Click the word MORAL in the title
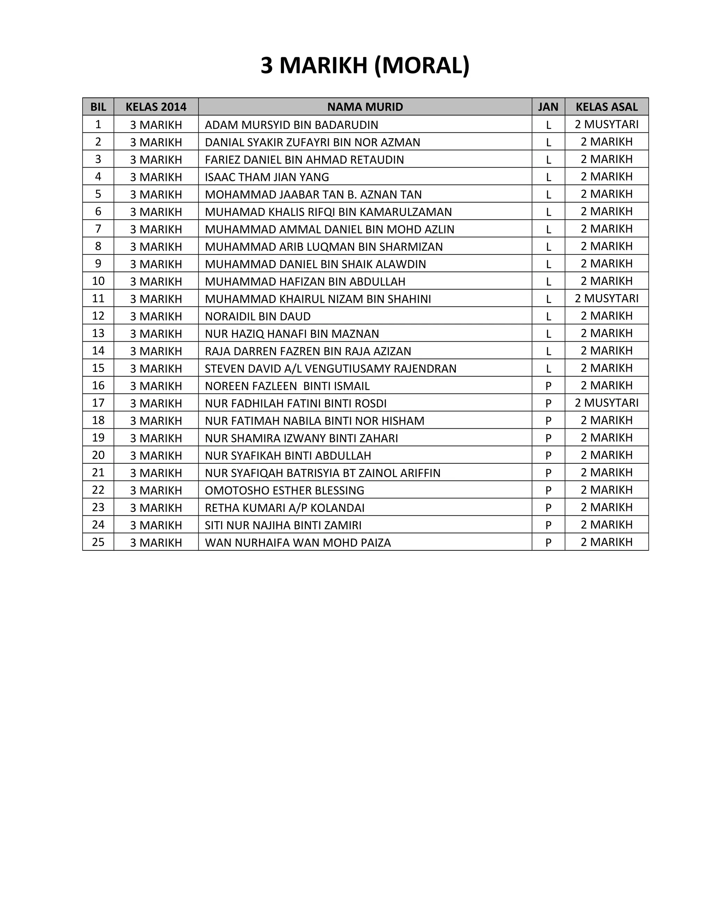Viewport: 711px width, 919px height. (x=421, y=66)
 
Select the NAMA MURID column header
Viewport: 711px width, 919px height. (x=365, y=107)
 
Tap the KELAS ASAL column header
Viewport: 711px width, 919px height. (x=607, y=107)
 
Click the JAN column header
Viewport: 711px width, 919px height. (x=548, y=107)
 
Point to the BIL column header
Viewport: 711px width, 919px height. (x=98, y=107)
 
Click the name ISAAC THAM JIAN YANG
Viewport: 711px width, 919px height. (x=267, y=177)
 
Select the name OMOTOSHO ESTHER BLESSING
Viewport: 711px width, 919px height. (x=284, y=491)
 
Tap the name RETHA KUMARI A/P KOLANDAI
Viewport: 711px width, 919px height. (x=284, y=508)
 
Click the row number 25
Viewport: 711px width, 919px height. (x=98, y=542)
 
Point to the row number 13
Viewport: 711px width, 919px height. (x=98, y=333)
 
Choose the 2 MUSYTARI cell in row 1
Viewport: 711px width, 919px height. (x=607, y=124)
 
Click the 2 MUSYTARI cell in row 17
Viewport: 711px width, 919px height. (x=607, y=403)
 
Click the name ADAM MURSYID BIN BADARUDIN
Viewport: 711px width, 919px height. (x=292, y=125)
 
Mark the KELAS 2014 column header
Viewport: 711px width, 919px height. (x=156, y=107)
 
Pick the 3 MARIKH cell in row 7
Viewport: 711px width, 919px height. (x=156, y=229)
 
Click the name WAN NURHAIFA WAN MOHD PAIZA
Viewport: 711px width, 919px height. (x=298, y=543)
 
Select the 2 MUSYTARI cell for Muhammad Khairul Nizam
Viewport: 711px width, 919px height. (x=607, y=299)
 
